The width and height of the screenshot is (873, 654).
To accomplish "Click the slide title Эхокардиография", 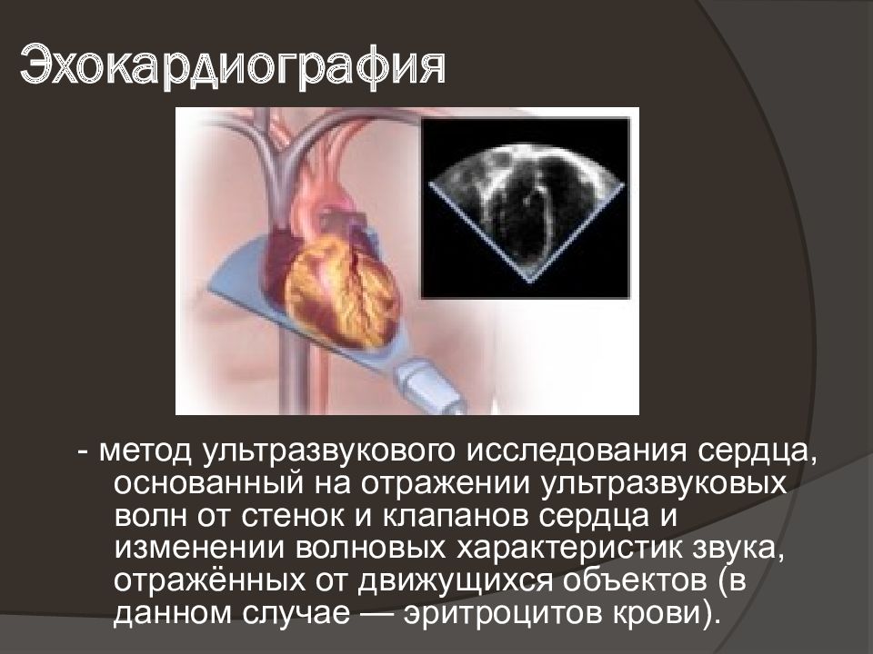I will pos(233,66).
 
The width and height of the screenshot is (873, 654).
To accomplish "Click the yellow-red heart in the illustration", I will pos(341,282).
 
